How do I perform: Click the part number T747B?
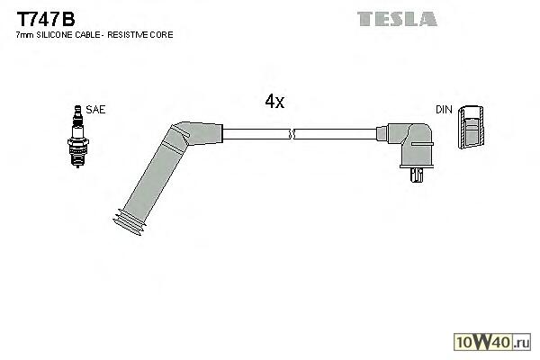[x=44, y=16]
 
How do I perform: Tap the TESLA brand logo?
[x=396, y=18]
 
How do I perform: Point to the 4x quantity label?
[x=274, y=102]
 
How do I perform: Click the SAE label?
[x=96, y=109]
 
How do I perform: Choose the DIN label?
[x=444, y=109]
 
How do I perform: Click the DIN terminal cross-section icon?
[x=470, y=128]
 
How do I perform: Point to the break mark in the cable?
[x=291, y=135]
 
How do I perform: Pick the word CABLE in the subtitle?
[x=91, y=34]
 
